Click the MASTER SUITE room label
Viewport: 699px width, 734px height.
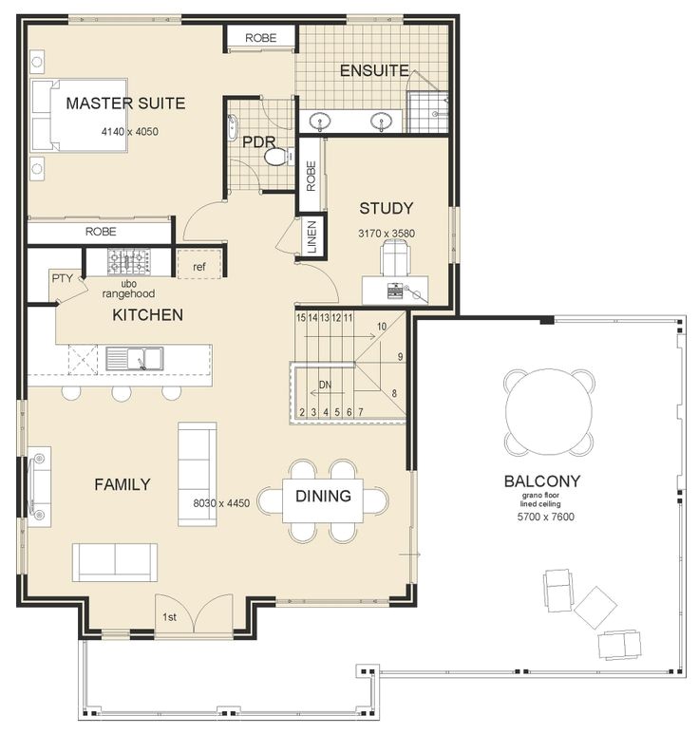pos(125,103)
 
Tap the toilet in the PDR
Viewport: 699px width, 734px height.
pos(278,156)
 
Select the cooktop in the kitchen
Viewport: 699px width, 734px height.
pos(129,262)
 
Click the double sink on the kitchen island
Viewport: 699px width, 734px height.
pos(134,359)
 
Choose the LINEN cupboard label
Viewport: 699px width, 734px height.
pos(312,236)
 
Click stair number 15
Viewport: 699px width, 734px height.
pos(301,318)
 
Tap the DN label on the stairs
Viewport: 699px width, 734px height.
pos(325,385)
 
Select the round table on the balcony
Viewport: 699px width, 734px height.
pos(549,412)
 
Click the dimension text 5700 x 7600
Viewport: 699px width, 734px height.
pos(545,517)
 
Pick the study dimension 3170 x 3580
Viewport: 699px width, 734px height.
pos(387,234)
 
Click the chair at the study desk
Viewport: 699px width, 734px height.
pos(395,257)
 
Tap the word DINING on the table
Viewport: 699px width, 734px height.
pos(323,496)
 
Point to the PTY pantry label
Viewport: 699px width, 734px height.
pos(63,278)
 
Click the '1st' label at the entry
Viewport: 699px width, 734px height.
pos(169,617)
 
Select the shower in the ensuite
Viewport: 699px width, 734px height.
pos(427,112)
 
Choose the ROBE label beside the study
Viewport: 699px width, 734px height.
pos(311,176)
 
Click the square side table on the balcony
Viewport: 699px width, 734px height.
pos(595,608)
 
